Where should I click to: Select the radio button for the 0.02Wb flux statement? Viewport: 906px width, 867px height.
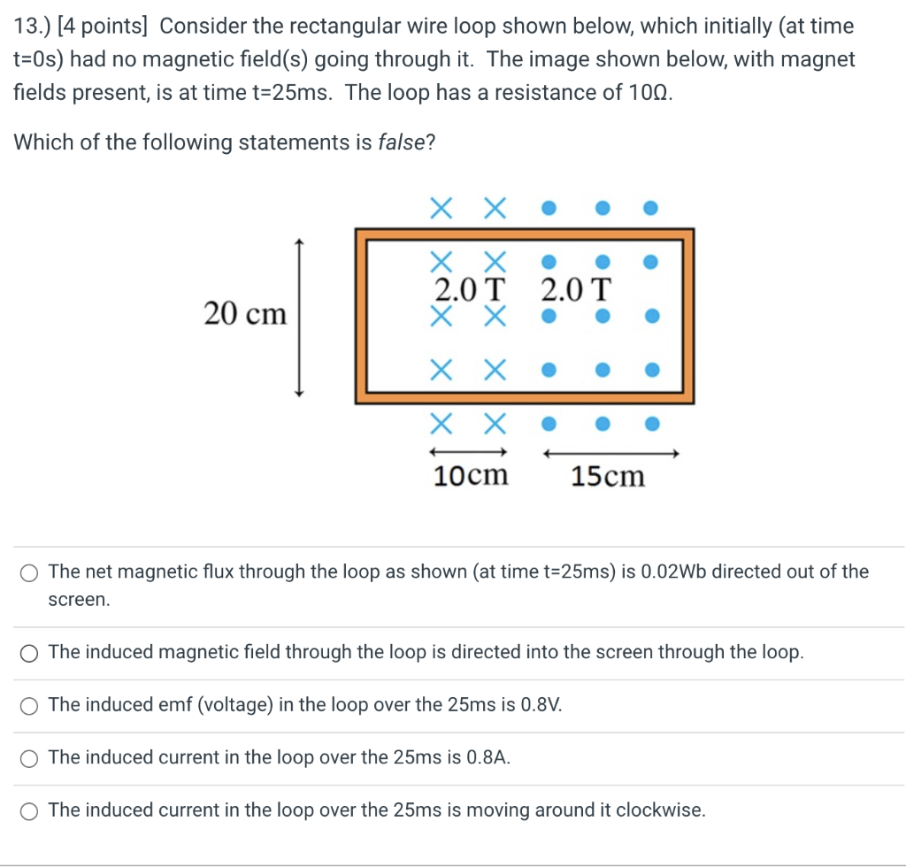31,572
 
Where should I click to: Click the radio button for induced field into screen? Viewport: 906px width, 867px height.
31,653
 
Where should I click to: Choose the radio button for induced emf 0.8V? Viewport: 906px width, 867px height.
31,705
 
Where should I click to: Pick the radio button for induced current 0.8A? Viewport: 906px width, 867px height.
31,758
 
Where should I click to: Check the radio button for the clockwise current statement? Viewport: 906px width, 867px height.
31,810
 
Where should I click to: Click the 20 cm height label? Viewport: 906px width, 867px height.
245,313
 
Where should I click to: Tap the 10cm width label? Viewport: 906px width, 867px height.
471,476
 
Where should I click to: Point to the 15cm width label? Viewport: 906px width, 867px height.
608,477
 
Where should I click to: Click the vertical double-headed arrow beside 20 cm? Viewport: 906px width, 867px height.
300,318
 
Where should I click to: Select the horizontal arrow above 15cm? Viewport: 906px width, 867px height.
610,454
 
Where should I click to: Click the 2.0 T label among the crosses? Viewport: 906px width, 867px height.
472,289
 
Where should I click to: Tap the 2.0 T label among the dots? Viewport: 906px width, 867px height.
575,289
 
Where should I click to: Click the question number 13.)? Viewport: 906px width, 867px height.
33,26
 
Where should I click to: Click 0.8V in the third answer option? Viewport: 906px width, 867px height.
541,705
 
